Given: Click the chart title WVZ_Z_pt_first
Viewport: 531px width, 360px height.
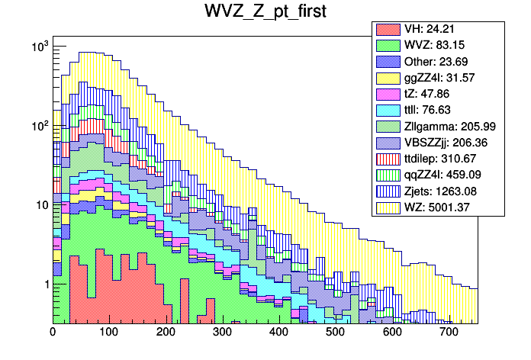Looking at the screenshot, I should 265,12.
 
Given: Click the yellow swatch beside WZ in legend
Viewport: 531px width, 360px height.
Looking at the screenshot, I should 388,206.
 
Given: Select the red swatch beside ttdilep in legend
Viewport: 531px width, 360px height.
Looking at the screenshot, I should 388,158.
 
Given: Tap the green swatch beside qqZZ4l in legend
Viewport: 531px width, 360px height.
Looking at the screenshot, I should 388,175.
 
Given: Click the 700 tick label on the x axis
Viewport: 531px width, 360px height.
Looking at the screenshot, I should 448,333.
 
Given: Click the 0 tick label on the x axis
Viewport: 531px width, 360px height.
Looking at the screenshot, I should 53,333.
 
